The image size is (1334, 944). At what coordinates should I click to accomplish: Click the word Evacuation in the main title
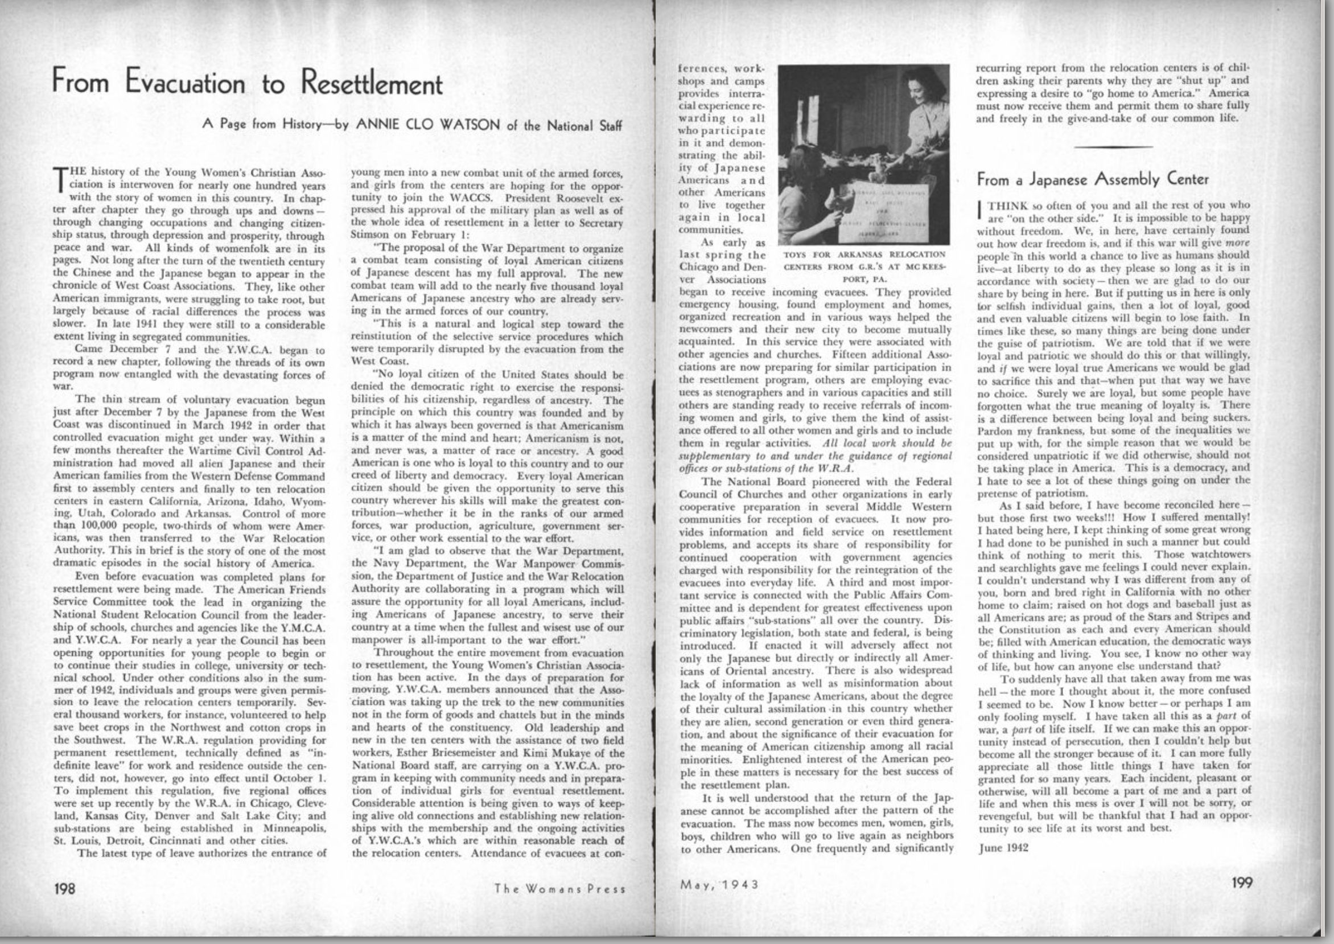coord(186,83)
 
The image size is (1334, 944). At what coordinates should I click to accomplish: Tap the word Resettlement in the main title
coord(371,83)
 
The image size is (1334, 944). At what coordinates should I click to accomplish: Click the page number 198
coord(64,889)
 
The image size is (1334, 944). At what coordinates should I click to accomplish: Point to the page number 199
coord(1242,883)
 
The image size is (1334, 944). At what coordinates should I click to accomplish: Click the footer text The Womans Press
coord(559,889)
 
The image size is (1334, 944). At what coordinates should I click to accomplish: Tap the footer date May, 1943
coord(719,884)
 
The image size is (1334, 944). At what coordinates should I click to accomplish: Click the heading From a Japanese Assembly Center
coord(1092,179)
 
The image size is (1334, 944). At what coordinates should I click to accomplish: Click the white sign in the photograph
coord(888,211)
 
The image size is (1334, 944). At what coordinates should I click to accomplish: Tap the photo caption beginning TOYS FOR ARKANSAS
coord(865,266)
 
